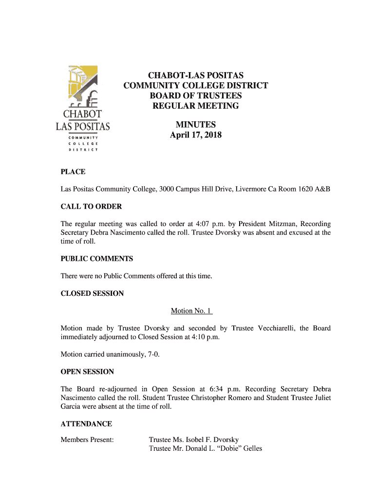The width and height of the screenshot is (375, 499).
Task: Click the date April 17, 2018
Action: pos(195,135)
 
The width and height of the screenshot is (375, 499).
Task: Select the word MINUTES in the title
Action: pos(195,125)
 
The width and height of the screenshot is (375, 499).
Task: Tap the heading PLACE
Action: pos(73,172)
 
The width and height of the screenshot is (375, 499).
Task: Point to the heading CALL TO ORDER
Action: pos(91,207)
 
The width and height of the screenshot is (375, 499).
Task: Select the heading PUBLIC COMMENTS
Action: pos(96,259)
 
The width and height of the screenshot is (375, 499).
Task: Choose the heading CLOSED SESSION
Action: pos(92,293)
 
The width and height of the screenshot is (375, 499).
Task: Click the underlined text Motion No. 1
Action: pos(191,311)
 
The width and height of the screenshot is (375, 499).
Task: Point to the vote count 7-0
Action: pos(152,354)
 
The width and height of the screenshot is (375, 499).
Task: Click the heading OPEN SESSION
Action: pos(87,372)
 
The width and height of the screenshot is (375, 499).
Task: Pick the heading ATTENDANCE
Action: pos(86,424)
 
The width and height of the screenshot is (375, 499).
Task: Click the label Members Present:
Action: pos(87,440)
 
